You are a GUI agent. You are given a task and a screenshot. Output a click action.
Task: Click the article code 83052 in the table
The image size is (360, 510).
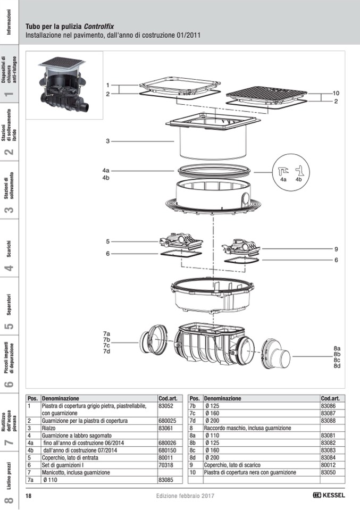166,406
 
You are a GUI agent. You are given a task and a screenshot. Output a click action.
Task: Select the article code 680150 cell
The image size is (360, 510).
167,450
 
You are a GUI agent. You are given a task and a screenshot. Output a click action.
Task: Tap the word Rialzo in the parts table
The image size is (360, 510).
49,428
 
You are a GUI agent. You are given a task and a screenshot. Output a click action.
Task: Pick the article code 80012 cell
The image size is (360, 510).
328,465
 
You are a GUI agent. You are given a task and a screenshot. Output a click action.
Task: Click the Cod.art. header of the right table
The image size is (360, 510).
330,398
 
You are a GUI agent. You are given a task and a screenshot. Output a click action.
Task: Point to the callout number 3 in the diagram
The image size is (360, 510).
107,141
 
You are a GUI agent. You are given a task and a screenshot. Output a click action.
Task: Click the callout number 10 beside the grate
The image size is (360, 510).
336,94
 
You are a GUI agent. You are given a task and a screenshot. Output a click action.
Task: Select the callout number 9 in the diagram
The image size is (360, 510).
336,249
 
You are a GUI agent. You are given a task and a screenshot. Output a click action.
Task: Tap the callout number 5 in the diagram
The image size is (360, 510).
107,241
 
